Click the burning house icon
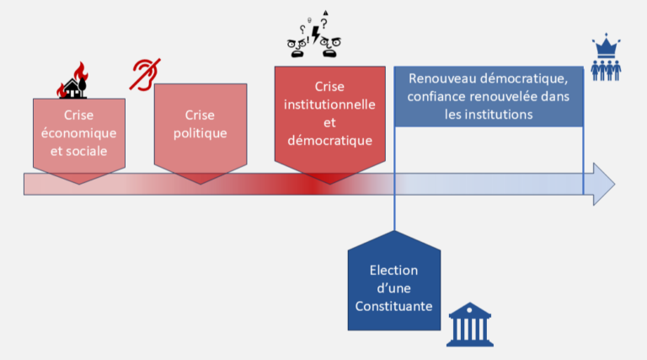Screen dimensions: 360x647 tap(74, 82)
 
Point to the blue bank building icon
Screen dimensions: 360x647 tap(469, 323)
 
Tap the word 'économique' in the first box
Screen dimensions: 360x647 tap(78, 133)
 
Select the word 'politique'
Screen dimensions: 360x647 tap(199, 133)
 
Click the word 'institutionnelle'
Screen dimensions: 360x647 tap(329, 104)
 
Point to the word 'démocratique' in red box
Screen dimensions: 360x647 tap(329, 141)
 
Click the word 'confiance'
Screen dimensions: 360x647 tap(438, 96)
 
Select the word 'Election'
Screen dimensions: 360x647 tap(393, 271)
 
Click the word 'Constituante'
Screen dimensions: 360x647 tap(393, 306)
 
